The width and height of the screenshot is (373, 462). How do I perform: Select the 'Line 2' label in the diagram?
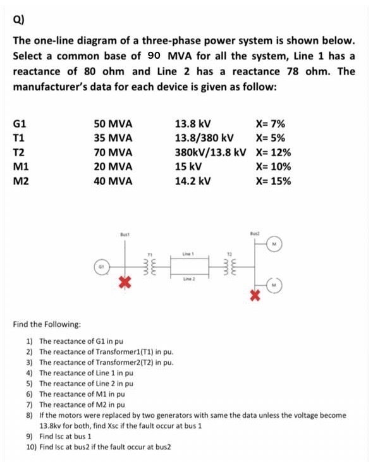187,276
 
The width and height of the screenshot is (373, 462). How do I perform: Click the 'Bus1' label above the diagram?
125,233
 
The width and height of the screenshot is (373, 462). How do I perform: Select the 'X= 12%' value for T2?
273,152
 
